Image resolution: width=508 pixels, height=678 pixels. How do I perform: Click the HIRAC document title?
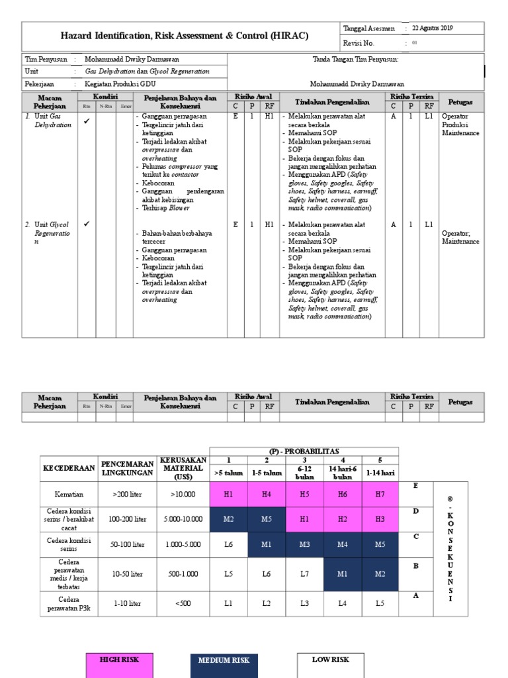pos(185,36)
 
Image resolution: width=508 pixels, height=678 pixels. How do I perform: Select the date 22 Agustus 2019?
pos(433,28)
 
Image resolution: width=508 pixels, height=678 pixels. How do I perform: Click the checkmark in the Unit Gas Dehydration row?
pos(87,121)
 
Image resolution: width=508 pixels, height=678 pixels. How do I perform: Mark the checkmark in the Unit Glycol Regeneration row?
pos(87,224)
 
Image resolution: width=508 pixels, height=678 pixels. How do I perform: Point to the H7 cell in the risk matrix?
pos(380,493)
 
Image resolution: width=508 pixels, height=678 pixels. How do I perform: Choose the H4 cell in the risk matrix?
pos(267,493)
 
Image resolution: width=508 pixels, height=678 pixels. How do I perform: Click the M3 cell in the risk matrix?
pos(304,544)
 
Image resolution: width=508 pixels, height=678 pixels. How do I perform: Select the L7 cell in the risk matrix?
pos(304,574)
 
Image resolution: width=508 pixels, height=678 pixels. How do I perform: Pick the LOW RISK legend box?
pos(330,665)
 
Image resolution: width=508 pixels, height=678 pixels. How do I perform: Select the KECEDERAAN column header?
pos(69,467)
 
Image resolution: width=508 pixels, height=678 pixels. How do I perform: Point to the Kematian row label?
pos(69,493)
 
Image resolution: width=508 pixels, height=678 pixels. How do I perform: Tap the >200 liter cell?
pos(128,493)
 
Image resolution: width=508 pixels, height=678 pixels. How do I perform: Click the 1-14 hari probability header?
pos(380,473)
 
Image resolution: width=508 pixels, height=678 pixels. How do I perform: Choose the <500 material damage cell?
pos(183,604)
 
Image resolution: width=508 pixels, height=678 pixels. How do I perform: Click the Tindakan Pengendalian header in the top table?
pos(331,101)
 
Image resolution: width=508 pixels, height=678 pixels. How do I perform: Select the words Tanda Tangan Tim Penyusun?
pos(355,60)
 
